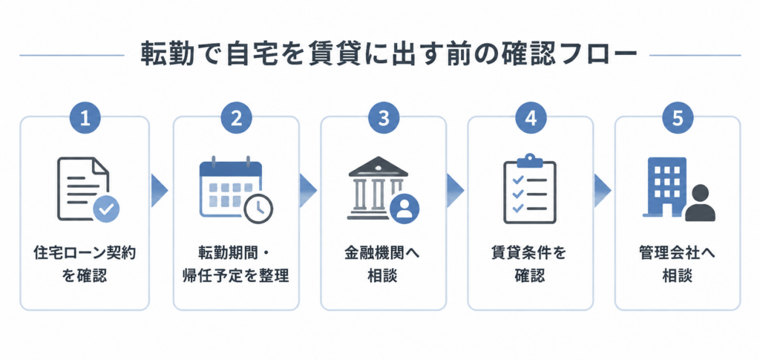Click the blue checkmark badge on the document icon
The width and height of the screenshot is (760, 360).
[x=107, y=209]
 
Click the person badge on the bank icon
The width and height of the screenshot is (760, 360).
[x=404, y=209]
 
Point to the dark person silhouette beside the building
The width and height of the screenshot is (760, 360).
[x=701, y=203]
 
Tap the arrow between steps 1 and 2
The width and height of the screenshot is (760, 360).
[x=160, y=191]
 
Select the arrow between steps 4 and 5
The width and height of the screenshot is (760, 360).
[x=603, y=191]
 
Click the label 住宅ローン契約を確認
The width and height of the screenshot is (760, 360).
[x=85, y=265]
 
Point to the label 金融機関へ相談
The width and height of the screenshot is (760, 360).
[x=383, y=265]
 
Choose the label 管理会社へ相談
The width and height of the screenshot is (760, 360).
[x=678, y=265]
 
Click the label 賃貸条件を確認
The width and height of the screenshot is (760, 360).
[x=530, y=265]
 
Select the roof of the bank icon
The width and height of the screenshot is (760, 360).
[x=379, y=167]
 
